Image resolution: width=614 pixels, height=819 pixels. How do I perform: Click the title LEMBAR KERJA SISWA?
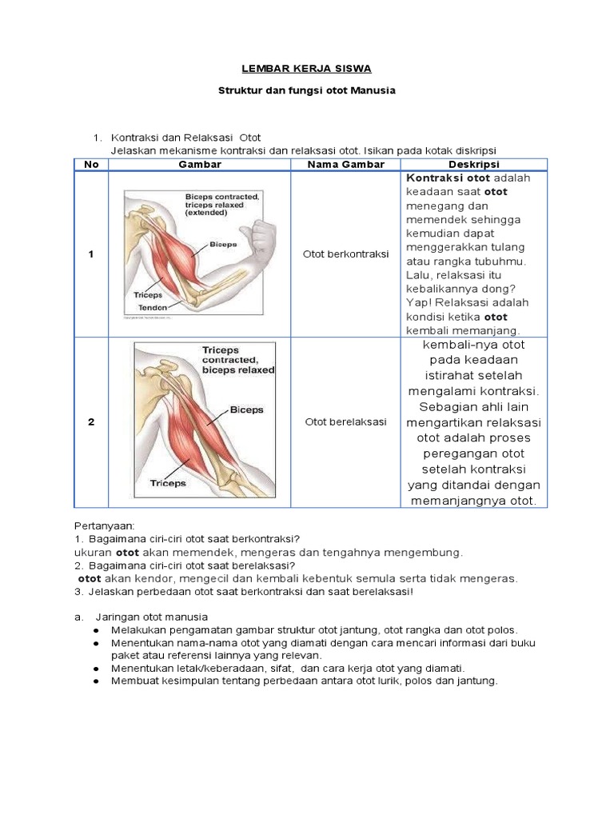[307, 69]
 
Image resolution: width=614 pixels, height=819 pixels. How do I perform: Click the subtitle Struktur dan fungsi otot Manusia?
[307, 91]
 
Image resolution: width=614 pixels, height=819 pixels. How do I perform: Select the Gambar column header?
[200, 164]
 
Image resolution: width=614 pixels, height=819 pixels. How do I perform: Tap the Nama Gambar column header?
[346, 164]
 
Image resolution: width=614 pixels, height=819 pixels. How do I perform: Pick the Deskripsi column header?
[474, 164]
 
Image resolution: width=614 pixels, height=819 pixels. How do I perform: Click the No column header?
[90, 164]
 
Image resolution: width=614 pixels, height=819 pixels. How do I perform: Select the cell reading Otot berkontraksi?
[346, 254]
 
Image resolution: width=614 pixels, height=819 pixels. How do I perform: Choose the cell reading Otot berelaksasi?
[345, 421]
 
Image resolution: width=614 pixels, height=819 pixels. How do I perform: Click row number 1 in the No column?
[90, 254]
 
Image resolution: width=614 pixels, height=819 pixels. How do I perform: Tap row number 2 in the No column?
[90, 421]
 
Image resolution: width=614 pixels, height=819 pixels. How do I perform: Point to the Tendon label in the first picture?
[153, 307]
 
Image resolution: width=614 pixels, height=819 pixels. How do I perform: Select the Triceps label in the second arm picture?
[168, 483]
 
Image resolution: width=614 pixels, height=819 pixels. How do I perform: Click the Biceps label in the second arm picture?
[246, 409]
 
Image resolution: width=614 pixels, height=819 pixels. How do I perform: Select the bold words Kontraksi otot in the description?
[449, 178]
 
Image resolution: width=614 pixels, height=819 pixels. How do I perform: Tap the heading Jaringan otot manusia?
[151, 617]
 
